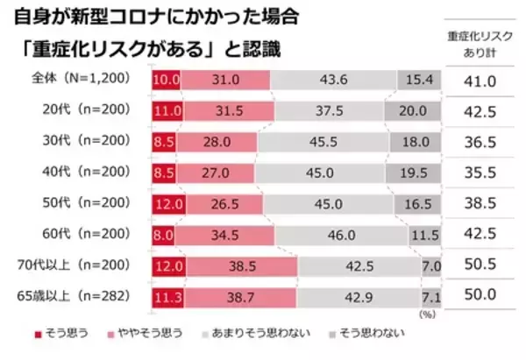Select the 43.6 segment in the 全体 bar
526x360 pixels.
(333, 80)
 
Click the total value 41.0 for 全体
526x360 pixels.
(480, 80)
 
